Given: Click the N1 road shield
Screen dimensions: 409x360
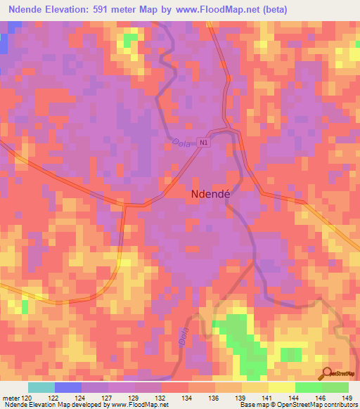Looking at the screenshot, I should tap(204, 142).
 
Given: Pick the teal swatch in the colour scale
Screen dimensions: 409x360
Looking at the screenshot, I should tap(41, 387).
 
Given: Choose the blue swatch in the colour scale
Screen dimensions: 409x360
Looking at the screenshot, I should tap(68, 387).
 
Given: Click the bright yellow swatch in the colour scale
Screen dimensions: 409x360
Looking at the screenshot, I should tap(281, 387).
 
